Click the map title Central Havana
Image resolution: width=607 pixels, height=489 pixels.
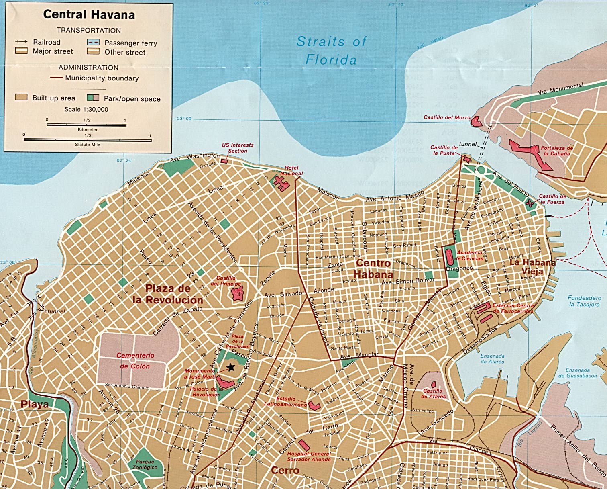(x=89, y=15)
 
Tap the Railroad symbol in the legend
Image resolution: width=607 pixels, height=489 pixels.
(x=21, y=42)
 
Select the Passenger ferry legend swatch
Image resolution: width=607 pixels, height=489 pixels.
(x=93, y=42)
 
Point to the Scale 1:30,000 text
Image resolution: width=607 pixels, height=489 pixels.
(x=86, y=109)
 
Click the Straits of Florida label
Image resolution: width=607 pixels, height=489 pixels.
(x=331, y=51)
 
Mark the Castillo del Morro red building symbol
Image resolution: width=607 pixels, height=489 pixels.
(x=477, y=121)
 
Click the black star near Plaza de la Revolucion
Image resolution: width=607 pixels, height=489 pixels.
(x=231, y=367)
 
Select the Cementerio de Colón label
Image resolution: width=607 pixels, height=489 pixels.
(x=135, y=361)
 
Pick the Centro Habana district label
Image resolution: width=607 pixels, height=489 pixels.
(x=373, y=269)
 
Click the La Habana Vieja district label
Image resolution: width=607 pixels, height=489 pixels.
(x=532, y=266)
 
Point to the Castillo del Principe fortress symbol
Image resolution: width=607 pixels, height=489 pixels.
(x=238, y=294)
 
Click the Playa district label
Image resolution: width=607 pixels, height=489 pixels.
(x=35, y=404)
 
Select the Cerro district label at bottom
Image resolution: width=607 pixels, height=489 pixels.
(x=285, y=470)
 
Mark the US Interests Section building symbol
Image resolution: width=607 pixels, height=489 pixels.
(x=224, y=161)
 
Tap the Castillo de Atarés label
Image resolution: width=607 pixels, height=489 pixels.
(x=433, y=393)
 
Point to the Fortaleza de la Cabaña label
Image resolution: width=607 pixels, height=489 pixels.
(x=556, y=151)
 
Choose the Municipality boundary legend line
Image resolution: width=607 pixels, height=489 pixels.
(x=56, y=78)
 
